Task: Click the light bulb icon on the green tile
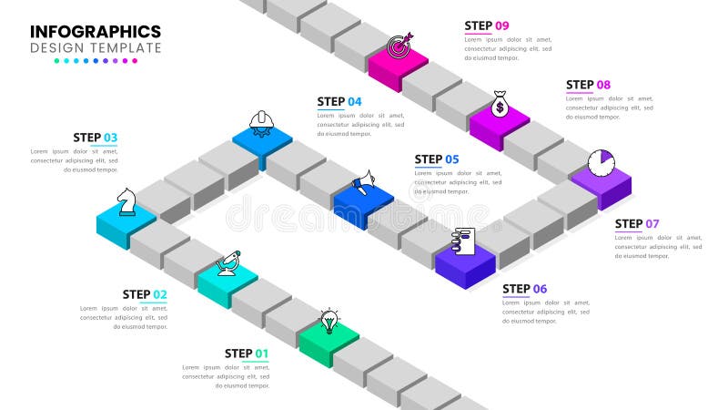(329, 321)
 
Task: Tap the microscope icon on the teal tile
(227, 263)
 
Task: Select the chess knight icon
(127, 201)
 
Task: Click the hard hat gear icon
(261, 122)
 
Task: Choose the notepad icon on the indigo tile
(464, 241)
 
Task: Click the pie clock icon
(601, 163)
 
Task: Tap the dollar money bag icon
(500, 105)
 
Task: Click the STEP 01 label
(247, 354)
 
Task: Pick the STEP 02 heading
(145, 294)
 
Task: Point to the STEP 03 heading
(96, 138)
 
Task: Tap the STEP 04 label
(339, 102)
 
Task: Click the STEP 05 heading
(437, 159)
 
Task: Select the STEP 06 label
(525, 290)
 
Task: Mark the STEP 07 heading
(637, 224)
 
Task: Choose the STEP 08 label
(589, 86)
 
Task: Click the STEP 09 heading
(487, 26)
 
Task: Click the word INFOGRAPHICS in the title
(96, 31)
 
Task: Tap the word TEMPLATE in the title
(126, 47)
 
